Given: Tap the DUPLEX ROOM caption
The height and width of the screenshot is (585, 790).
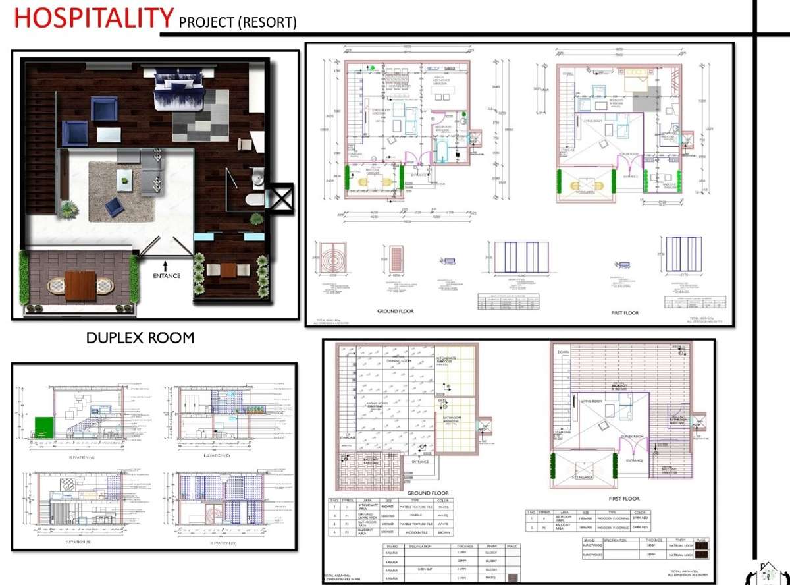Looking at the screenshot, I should coord(140,338).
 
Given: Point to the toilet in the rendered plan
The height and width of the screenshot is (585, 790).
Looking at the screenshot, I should coord(253,200).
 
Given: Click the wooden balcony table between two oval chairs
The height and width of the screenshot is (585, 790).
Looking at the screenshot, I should coord(81,287).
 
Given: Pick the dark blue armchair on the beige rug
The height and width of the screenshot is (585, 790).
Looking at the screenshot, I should coord(115,208).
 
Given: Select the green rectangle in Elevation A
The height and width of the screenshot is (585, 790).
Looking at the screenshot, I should coord(43,426).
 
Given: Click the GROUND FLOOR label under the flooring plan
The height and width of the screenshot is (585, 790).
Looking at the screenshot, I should coord(428,493).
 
